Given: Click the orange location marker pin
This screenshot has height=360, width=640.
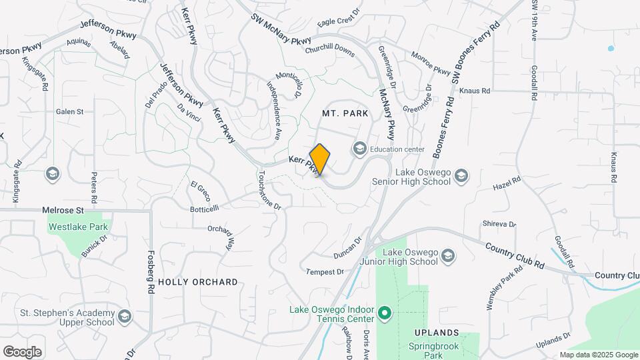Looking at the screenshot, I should (320, 159).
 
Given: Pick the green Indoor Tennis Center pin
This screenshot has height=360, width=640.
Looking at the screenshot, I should (384, 312).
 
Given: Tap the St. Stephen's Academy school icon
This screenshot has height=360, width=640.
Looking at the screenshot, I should (125, 317).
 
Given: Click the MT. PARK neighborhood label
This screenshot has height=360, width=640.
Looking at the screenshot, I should (345, 113).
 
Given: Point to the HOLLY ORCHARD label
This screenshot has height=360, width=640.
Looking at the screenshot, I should (197, 282).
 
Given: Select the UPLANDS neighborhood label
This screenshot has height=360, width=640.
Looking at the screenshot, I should (437, 332).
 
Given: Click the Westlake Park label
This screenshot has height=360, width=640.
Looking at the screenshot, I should (78, 227).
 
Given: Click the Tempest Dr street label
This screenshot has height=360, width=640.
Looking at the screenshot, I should (325, 272).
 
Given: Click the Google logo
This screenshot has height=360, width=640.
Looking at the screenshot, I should (22, 351).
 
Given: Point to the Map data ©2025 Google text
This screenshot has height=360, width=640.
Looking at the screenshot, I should (598, 355).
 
